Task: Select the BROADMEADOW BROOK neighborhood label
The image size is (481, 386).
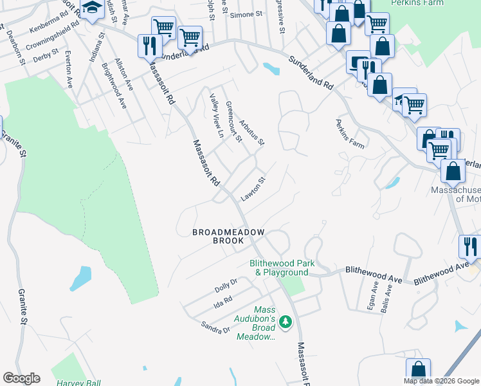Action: (x=219, y=236)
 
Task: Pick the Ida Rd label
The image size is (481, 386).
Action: (x=222, y=300)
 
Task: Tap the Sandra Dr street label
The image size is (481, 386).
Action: (x=215, y=328)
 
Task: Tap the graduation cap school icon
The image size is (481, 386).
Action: (x=93, y=8)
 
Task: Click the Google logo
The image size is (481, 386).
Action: (x=21, y=378)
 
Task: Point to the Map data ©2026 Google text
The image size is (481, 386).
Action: (x=442, y=381)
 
